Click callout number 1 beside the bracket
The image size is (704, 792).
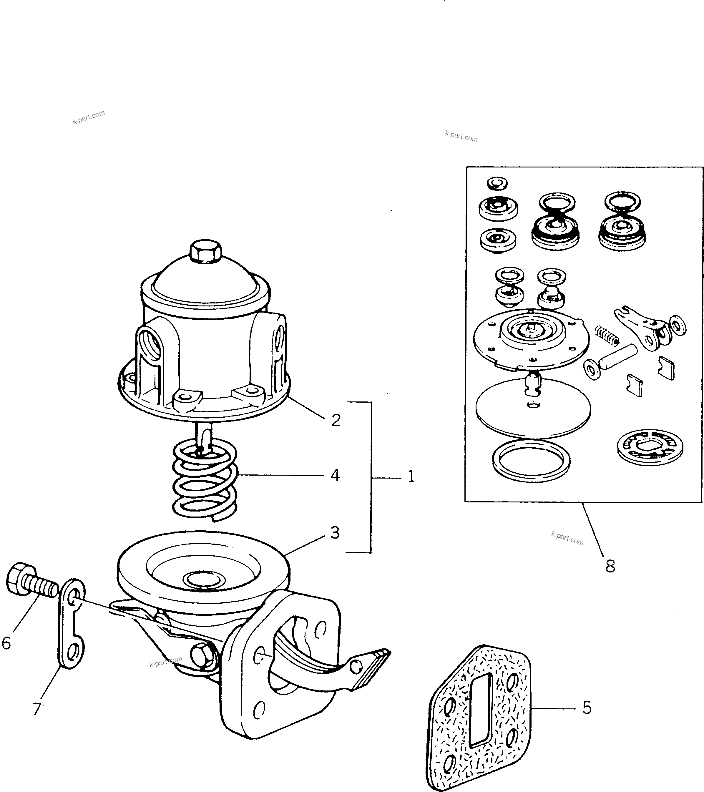[411, 476]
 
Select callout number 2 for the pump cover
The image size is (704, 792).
[336, 420]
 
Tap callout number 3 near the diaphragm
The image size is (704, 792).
[335, 532]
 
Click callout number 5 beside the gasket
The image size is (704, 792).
[587, 708]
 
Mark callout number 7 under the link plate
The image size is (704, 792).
[37, 709]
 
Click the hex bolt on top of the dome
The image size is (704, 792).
[205, 252]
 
